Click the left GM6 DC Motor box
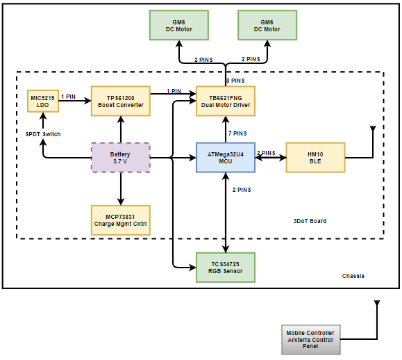[x=179, y=25]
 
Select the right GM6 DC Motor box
[x=267, y=25]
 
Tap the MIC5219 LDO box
[x=43, y=101]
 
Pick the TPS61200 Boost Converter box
[x=121, y=101]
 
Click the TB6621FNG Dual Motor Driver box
[x=226, y=101]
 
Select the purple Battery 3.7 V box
[x=121, y=158]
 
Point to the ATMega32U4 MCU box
[x=226, y=158]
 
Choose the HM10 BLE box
[x=316, y=158]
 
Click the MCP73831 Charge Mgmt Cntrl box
[x=121, y=220]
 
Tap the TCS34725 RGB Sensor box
[x=226, y=268]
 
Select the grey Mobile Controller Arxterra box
[x=311, y=340]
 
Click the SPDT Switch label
[x=43, y=134]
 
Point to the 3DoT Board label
[x=310, y=221]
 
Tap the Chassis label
[x=353, y=276]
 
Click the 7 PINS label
[x=237, y=133]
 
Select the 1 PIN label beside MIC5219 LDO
[x=68, y=97]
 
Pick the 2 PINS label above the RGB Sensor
[x=242, y=190]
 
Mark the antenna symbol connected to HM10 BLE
[x=373, y=129]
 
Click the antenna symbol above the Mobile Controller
[x=377, y=303]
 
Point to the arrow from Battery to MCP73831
[x=121, y=189]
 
